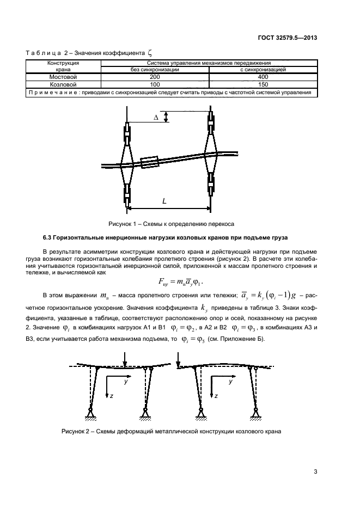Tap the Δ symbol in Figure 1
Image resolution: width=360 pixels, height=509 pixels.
156,117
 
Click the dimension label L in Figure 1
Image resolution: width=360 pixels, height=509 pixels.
164,200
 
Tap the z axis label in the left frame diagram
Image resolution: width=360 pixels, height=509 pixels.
111,396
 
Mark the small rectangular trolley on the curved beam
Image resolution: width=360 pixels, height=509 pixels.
149,162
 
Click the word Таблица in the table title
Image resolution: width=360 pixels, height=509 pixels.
43,53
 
